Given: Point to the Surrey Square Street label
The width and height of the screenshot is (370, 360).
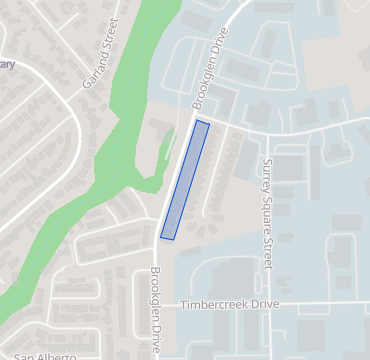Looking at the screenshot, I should click(x=267, y=213).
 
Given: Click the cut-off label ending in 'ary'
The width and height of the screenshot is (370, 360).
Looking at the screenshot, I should click(x=7, y=65).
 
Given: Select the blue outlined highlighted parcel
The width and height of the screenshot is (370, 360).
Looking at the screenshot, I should click(x=185, y=180).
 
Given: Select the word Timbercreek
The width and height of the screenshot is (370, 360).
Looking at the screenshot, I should click(x=216, y=305).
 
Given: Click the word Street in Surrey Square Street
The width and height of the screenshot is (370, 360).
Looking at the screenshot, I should click(x=267, y=250).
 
